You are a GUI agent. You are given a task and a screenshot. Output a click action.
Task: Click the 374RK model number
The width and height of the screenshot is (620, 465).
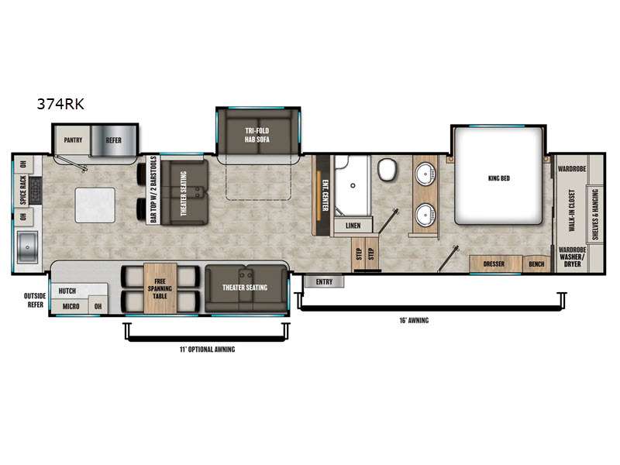coord(60,104)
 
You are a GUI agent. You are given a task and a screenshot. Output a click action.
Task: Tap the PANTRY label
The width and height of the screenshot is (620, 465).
coord(73,140)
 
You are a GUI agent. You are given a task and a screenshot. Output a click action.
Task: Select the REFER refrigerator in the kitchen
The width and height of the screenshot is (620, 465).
coord(114,140)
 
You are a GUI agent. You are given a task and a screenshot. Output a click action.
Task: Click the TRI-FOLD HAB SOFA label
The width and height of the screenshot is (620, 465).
coord(257,135)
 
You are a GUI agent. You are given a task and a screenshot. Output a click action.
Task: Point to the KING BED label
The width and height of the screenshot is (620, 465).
coord(499,178)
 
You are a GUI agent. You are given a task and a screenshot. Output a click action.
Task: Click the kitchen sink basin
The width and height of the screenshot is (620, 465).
coord(27,247)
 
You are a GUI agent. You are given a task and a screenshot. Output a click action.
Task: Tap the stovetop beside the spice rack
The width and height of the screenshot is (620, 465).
coord(35,190)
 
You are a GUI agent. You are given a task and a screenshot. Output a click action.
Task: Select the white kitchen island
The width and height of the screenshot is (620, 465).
coord(95,205)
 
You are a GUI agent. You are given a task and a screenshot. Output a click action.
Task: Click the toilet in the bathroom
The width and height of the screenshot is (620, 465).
coord(387,170)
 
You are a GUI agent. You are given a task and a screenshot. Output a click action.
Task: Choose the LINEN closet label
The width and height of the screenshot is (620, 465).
coord(353,226)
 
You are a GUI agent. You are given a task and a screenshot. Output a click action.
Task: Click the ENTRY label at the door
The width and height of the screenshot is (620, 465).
coord(324,282)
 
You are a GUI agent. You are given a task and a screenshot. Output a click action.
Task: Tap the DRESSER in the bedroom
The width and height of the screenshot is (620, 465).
coord(494,263)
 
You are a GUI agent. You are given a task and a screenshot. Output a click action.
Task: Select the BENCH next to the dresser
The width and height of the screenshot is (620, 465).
coord(536,264)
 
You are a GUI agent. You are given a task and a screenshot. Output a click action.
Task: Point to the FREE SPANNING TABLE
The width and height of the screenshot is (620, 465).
coord(160,288)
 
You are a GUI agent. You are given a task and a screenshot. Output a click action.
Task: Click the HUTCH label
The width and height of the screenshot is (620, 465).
coord(67,291)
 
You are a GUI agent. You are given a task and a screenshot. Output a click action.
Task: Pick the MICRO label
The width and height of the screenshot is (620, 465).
coord(71,306)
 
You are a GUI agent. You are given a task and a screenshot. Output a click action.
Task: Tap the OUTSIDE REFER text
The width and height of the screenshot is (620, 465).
coord(35,300)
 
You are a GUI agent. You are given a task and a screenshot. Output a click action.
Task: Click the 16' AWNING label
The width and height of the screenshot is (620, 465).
coord(414,320)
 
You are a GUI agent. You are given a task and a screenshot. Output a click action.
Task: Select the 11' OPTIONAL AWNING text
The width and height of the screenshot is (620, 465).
coord(207,350)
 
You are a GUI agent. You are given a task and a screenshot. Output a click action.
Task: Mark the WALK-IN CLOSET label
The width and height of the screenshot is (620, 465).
coord(572,210)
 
